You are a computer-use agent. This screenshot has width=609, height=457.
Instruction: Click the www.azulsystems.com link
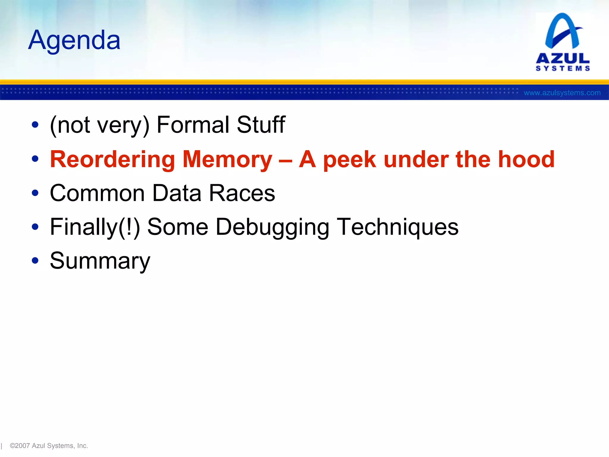[562, 93]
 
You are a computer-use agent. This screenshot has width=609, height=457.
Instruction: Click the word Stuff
[261, 125]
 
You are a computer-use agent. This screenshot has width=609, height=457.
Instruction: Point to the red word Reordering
[112, 160]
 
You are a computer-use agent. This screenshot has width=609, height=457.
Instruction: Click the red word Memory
[227, 160]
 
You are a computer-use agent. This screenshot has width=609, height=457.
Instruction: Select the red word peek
[350, 160]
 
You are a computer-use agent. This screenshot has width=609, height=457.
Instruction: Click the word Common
[97, 193]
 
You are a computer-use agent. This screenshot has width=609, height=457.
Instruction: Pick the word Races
[242, 193]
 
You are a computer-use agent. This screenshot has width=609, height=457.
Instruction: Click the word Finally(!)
[95, 227]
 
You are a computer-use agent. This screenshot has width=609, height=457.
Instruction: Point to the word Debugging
[272, 228]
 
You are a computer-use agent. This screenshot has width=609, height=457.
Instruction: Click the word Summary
[100, 261]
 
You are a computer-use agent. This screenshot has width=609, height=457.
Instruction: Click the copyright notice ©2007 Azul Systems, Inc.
[49, 446]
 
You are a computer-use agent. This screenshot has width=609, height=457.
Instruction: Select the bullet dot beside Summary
[35, 261]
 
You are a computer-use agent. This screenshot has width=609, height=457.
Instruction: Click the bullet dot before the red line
[35, 159]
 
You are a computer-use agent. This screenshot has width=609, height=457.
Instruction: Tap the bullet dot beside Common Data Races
[35, 193]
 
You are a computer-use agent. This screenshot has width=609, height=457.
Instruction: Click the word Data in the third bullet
[177, 193]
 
